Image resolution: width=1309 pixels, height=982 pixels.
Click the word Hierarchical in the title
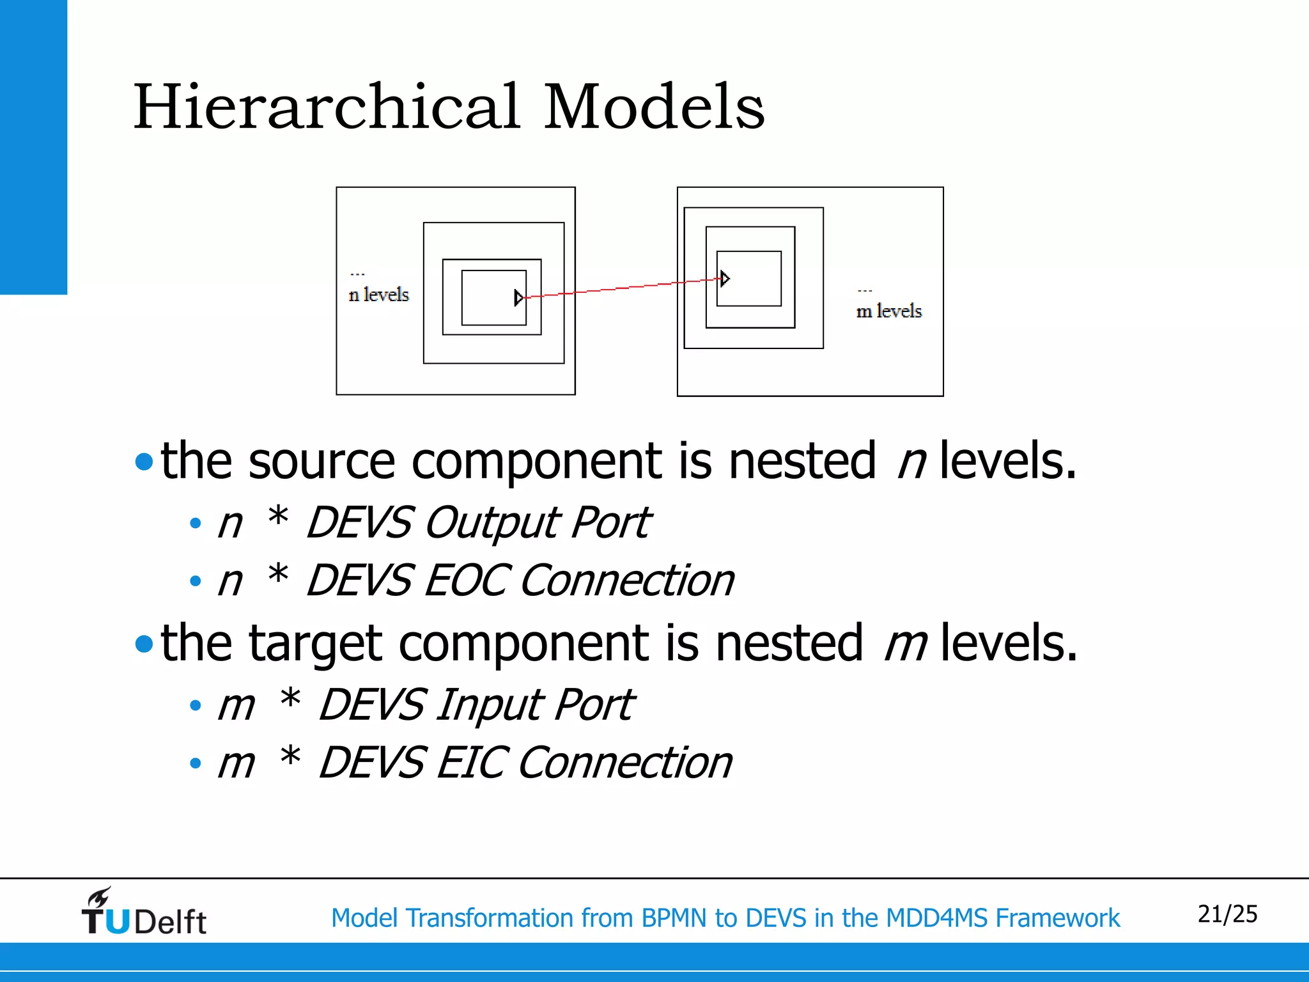click(x=326, y=107)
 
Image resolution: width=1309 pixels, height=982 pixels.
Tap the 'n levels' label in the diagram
click(x=378, y=295)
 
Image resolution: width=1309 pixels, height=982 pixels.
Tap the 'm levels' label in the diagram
click(x=889, y=311)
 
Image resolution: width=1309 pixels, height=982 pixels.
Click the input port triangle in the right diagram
click(x=724, y=278)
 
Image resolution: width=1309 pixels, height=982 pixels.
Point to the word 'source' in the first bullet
click(x=321, y=461)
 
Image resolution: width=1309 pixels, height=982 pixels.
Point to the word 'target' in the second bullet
click(x=314, y=643)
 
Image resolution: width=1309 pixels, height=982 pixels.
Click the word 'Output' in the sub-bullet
click(x=491, y=523)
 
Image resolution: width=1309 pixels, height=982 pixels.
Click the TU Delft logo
click(x=144, y=913)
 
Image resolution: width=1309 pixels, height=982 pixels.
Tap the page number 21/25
click(x=1227, y=914)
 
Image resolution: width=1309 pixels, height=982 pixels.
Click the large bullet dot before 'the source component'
click(x=144, y=462)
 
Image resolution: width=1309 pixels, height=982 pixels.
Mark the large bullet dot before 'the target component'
click(x=144, y=644)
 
